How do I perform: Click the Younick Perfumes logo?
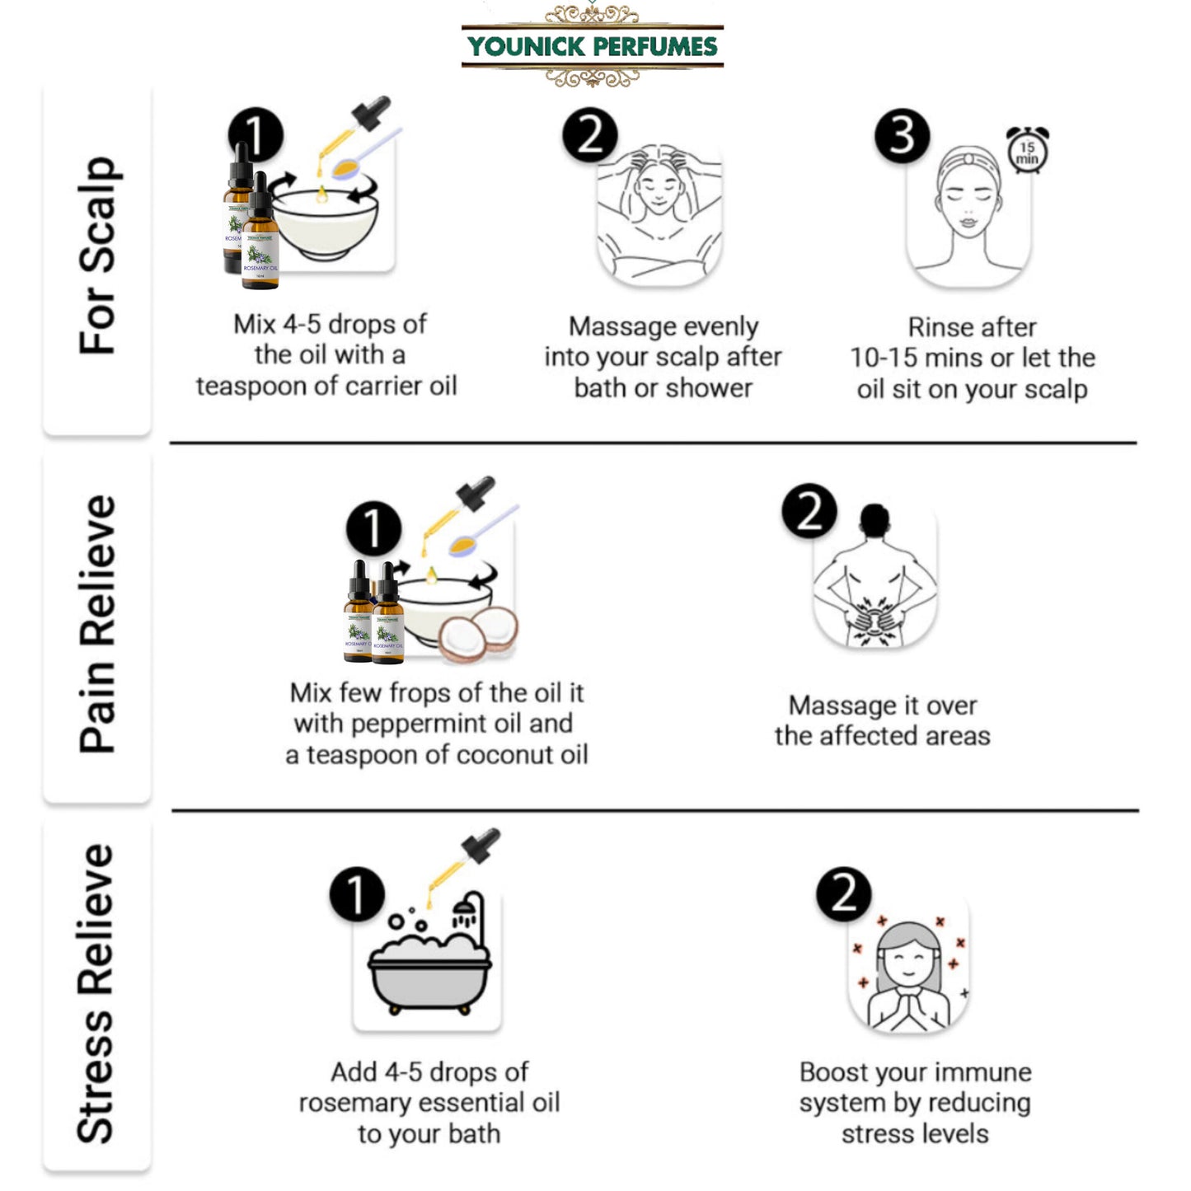[593, 46]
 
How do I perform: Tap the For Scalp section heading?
[97, 256]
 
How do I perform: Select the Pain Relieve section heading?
[97, 623]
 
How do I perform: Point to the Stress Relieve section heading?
[97, 993]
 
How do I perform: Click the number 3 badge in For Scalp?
[903, 135]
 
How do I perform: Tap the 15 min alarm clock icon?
[1028, 150]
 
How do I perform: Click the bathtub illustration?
[429, 964]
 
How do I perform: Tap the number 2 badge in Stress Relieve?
[843, 894]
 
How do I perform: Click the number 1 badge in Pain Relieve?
[373, 528]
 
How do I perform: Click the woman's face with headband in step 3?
[969, 206]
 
